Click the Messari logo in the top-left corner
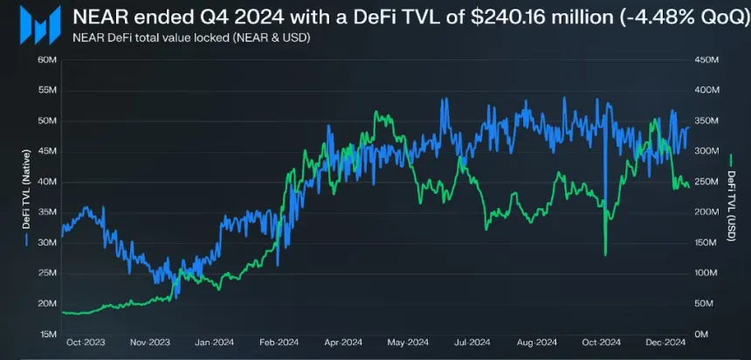click(x=43, y=22)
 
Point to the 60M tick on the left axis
click(x=47, y=59)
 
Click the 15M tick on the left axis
click(x=47, y=334)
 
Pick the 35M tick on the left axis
click(x=47, y=212)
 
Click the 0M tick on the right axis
click(x=701, y=334)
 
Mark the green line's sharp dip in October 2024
click(x=605, y=253)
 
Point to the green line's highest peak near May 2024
click(x=375, y=113)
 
